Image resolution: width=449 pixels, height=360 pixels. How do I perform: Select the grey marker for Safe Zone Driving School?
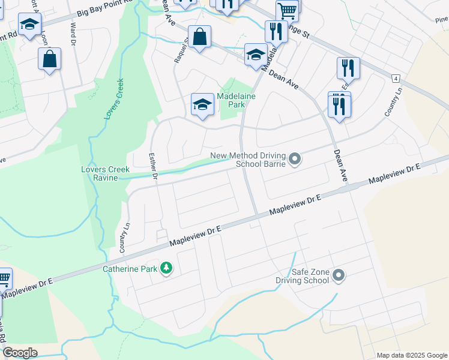pos(339,275)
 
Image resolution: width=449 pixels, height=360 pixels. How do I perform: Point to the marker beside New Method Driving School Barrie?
pos(294,160)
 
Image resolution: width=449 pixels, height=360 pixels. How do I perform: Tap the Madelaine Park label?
pos(231,100)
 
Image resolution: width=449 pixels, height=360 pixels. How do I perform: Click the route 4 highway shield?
pos(396,79)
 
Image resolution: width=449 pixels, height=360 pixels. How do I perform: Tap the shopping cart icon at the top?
pos(288,10)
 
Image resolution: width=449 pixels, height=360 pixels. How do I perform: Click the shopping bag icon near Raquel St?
pos(199,37)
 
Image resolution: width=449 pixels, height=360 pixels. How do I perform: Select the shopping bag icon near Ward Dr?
pos(50,59)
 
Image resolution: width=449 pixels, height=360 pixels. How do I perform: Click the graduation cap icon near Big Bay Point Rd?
pos(28,25)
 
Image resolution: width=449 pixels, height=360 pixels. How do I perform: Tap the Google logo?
pos(20,353)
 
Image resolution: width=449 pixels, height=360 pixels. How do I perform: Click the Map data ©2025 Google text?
pos(412,355)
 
